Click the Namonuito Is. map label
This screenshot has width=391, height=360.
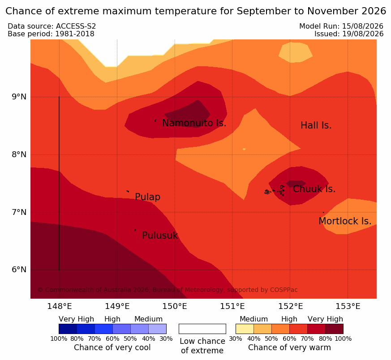[x=194, y=123]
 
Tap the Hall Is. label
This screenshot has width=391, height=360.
[x=316, y=125]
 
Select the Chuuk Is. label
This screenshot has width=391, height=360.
[x=314, y=189]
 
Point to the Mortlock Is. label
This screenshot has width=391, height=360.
[x=345, y=221]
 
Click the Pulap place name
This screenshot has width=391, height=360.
[x=148, y=197]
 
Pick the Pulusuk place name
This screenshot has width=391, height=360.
[x=160, y=236]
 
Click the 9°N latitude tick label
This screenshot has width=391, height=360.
[x=19, y=97]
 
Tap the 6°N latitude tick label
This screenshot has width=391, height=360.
[x=19, y=270]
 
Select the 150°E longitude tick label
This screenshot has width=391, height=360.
[x=175, y=306]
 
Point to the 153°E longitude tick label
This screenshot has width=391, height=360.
[x=348, y=306]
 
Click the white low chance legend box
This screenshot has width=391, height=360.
[x=202, y=329]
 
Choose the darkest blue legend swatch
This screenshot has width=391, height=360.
[x=68, y=329]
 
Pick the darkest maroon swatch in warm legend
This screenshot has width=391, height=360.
[x=335, y=329]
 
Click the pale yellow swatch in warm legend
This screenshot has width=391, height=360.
[x=245, y=329]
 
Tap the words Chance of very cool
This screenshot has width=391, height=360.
[x=112, y=347]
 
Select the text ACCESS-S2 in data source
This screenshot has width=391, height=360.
[x=76, y=26]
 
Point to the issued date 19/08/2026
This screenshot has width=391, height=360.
[x=363, y=34]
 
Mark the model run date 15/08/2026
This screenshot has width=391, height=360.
[x=363, y=26]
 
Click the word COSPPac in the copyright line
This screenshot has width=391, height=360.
[x=284, y=290]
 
